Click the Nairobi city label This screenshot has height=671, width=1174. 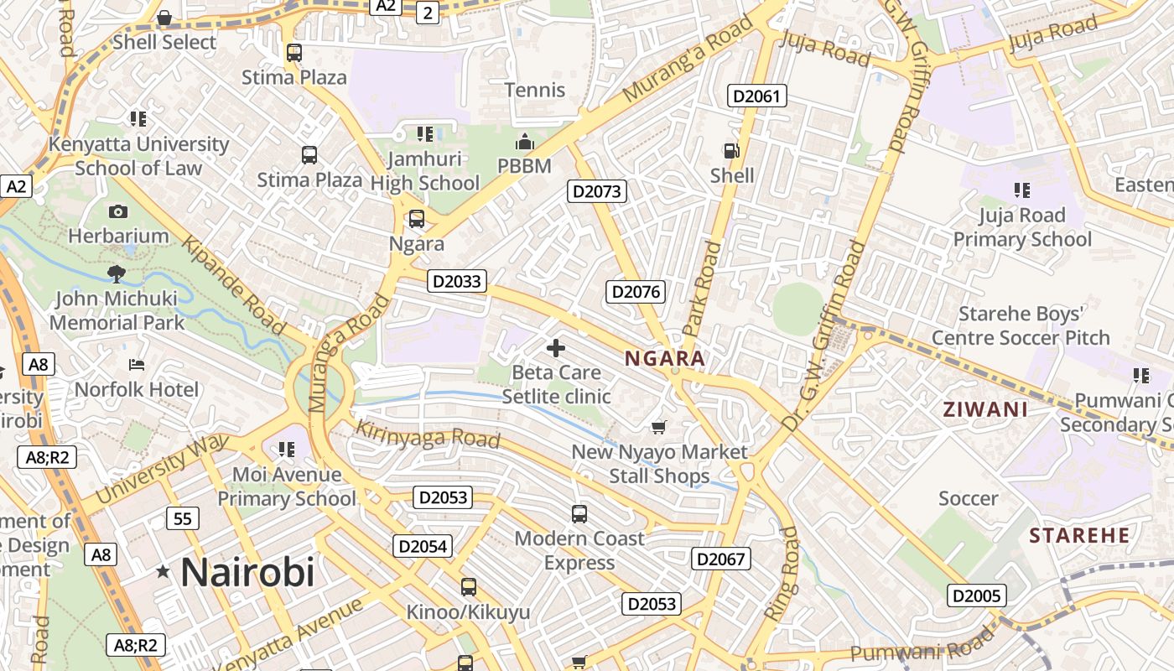point(247,572)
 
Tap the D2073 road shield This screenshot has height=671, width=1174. point(597,191)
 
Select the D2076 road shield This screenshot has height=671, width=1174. point(636,292)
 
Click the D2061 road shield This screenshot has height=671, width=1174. point(756,96)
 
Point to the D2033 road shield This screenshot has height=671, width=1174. point(457,281)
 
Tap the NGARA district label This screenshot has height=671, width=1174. point(665,359)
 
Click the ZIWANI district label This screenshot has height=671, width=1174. point(985,410)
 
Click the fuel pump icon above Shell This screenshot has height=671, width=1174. point(731,151)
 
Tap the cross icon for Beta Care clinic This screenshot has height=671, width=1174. point(555,348)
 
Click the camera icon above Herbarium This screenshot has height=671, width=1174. point(118,211)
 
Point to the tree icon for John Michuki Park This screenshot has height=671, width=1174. point(117,273)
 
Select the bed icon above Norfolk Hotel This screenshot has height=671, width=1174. point(137,365)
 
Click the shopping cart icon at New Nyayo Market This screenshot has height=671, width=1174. point(659,427)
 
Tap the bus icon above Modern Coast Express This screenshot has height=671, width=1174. point(579,513)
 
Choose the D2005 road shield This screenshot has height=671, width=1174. point(977,596)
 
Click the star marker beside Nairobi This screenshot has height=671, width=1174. point(163,572)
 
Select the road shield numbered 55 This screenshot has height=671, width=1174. point(183,518)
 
